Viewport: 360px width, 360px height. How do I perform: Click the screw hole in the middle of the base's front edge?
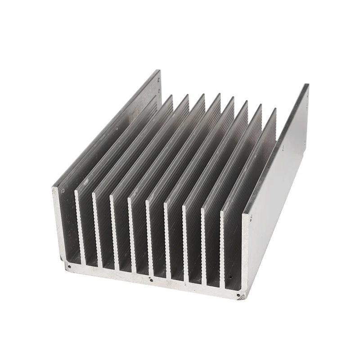(151, 279)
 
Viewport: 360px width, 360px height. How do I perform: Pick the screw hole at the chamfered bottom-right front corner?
(239, 295)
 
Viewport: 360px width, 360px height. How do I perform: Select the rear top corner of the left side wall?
(158, 71)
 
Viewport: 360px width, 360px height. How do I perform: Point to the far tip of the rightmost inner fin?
(275, 109)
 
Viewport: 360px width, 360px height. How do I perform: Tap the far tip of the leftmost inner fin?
(171, 95)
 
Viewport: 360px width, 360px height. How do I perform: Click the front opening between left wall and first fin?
(67, 225)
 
